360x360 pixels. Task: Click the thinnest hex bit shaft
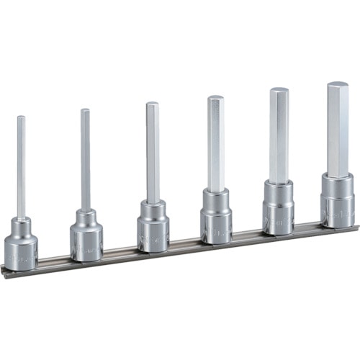[21, 166]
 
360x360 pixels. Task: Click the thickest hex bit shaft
[338, 130]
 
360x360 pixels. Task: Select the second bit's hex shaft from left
[85, 158]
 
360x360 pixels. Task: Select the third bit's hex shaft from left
[152, 151]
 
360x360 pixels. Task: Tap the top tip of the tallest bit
[338, 85]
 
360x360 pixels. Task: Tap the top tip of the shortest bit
[20, 118]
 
